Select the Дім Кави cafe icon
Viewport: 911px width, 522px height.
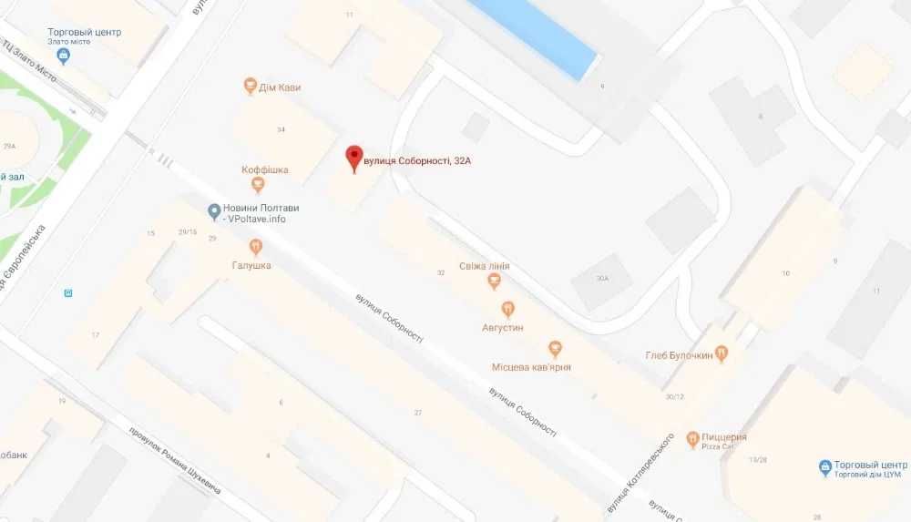click(x=251, y=87)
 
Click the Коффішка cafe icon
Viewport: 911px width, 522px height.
click(x=258, y=185)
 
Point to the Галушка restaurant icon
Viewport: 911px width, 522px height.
click(x=255, y=247)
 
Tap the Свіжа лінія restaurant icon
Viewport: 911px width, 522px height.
click(x=494, y=281)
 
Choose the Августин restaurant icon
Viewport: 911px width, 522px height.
click(x=507, y=309)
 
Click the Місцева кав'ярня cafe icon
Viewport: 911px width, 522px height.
click(x=554, y=348)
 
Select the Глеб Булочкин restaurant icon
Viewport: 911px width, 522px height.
click(x=722, y=354)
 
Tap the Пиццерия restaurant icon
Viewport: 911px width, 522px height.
click(x=692, y=440)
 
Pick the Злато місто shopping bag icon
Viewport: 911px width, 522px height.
click(x=64, y=56)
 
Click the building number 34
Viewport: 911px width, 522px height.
click(x=281, y=129)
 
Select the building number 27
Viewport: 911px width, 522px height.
click(x=418, y=413)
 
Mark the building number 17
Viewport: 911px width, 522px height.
click(x=95, y=335)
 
